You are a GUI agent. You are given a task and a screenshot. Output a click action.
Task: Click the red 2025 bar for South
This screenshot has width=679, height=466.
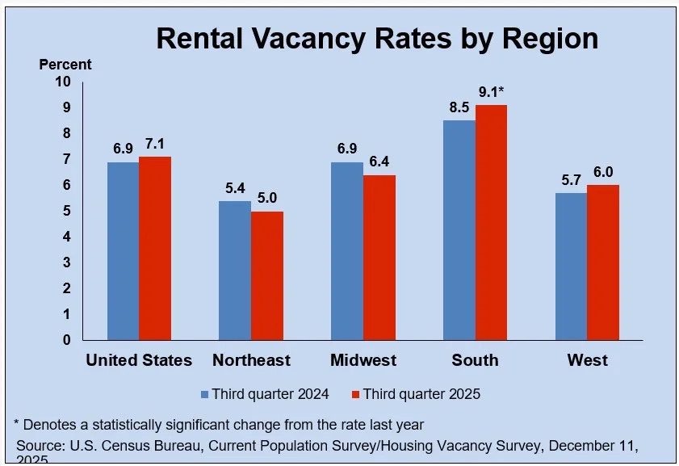click(x=491, y=222)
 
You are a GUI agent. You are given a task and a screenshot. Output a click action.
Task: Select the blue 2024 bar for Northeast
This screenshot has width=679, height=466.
click(x=235, y=270)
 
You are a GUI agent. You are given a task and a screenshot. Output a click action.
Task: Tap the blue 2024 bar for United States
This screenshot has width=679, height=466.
click(x=123, y=250)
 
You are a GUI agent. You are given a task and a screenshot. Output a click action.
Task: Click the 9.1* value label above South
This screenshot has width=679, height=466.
click(x=492, y=92)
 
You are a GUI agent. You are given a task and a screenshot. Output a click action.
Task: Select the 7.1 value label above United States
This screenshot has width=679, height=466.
click(x=155, y=144)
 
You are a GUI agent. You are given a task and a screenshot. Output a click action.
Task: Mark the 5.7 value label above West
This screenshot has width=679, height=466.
click(x=571, y=180)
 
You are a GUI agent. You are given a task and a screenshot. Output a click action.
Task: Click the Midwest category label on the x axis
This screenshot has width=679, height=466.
click(x=363, y=360)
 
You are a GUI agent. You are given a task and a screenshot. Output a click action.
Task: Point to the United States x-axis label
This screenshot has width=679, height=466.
click(x=139, y=360)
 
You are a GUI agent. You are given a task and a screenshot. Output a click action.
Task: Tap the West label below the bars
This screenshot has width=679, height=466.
click(x=587, y=360)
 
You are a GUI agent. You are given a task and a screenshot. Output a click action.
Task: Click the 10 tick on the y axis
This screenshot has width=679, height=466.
click(x=63, y=82)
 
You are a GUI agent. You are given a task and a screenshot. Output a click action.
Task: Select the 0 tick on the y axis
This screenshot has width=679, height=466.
click(x=66, y=340)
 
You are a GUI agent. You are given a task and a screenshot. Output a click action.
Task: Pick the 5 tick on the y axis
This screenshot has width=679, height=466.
click(x=66, y=211)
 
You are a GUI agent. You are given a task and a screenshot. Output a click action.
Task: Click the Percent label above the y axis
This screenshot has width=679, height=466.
click(x=65, y=65)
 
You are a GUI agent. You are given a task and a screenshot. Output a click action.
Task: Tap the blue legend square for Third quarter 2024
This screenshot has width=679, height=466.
click(x=205, y=394)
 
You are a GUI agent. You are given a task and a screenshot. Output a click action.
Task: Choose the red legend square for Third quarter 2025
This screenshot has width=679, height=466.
click(x=356, y=394)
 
